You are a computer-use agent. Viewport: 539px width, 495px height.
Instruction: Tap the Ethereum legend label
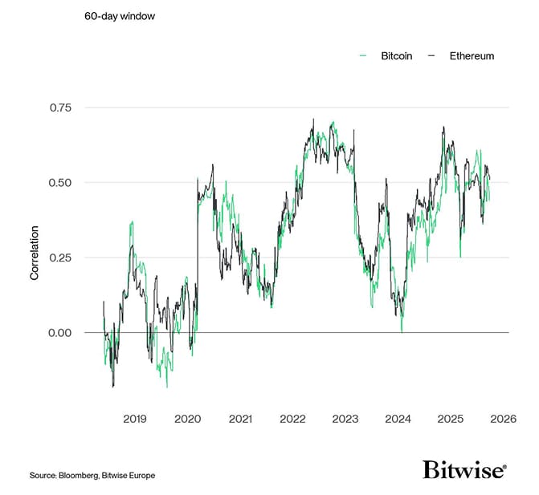click(x=472, y=56)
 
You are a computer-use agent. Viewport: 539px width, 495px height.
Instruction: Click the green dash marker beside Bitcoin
click(x=362, y=56)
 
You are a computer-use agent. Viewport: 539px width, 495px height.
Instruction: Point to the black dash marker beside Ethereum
click(x=431, y=56)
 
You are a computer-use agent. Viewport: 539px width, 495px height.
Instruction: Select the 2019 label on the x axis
click(x=134, y=419)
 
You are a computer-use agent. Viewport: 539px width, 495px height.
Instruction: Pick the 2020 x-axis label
click(x=187, y=419)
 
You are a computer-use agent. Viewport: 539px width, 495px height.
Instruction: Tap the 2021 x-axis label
click(x=240, y=419)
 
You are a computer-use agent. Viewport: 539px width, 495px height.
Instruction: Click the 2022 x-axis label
click(x=292, y=419)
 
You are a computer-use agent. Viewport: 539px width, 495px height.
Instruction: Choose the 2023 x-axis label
click(x=345, y=419)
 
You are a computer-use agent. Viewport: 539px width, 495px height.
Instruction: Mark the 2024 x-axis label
click(x=398, y=419)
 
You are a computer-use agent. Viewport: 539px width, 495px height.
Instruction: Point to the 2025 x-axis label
click(x=451, y=419)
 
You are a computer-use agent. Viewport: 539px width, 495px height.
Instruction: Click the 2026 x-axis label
click(x=503, y=419)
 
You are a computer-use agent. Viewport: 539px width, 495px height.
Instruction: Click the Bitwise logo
click(x=464, y=470)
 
